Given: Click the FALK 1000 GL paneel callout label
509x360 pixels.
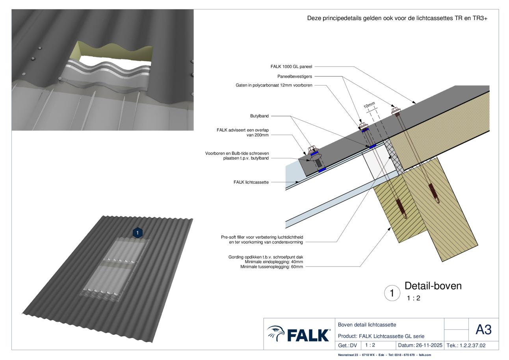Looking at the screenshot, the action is [291, 67].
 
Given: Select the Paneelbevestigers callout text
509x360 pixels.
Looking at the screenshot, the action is [295, 76].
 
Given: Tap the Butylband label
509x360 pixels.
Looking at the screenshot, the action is [259, 116].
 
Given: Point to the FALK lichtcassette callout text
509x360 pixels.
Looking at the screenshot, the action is [251, 182].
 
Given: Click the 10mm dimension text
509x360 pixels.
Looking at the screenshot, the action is [369, 105].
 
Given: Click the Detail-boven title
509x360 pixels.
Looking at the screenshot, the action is [433, 286].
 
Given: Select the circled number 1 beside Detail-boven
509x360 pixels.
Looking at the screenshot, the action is [392, 293].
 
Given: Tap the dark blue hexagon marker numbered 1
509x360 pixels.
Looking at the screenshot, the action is [137, 233].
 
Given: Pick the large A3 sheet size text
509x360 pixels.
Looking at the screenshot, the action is [483, 329].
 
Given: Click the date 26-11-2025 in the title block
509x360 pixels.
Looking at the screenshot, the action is [429, 345].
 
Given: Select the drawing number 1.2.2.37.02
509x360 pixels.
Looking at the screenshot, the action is [473, 345].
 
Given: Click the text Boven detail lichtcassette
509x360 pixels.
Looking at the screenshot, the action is [367, 325].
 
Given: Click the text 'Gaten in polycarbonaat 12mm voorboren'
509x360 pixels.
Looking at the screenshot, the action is [274, 85].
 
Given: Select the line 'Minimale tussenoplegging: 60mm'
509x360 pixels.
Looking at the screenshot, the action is [271, 267].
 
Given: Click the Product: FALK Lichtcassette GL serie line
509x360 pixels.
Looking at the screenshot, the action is [381, 336].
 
